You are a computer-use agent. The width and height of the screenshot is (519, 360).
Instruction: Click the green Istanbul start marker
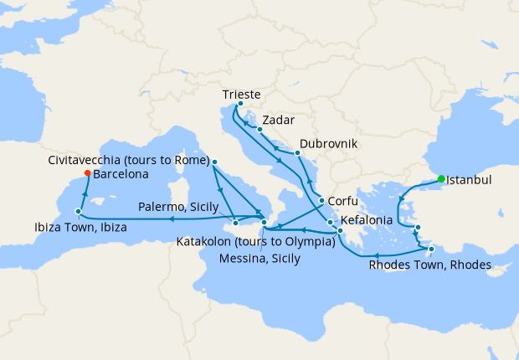[441, 178]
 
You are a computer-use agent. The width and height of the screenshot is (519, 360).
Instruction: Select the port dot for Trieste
[241, 104]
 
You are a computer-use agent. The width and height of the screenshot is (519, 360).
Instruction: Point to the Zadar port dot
[260, 130]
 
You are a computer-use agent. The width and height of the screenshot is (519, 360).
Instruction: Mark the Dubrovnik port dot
[297, 153]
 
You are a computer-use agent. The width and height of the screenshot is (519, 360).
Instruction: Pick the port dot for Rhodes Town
[431, 249]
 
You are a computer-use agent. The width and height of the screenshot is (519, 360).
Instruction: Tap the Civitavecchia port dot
[215, 162]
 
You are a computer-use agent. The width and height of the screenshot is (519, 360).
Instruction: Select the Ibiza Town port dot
[78, 212]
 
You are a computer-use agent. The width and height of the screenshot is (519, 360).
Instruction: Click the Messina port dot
[265, 222]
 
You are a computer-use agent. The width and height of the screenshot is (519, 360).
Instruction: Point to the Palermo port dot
[236, 223]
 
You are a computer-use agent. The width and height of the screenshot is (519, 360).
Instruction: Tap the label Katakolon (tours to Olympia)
[255, 243]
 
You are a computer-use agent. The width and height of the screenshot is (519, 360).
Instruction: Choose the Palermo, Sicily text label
[179, 206]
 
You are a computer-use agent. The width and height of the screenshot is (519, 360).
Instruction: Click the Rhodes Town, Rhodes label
[429, 266]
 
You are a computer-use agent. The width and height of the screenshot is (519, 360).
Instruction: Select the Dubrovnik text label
[328, 144]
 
